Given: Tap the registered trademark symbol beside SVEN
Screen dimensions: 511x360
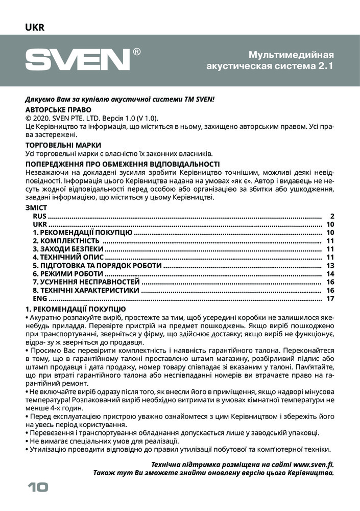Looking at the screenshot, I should click(137, 52).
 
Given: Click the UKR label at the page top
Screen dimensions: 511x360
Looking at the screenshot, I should click(35, 28).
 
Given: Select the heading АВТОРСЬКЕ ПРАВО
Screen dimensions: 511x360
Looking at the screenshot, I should click(58, 109).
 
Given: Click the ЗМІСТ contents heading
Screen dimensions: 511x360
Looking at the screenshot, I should click(36, 208).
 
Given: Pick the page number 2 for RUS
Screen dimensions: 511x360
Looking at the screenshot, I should click(332, 216).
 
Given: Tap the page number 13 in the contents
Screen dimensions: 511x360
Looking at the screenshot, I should click(329, 266).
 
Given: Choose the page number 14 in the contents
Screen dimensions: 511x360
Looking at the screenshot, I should click(329, 274).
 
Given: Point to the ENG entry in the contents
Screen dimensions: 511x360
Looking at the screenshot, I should click(40, 298).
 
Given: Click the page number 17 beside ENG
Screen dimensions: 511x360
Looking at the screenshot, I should click(329, 298).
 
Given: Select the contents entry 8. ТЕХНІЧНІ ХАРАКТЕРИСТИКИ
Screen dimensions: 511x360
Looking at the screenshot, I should click(86, 290).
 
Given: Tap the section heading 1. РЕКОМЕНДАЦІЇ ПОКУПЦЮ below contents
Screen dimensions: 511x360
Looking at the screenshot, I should click(76, 309).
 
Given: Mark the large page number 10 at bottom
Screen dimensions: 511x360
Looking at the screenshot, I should click(37, 487).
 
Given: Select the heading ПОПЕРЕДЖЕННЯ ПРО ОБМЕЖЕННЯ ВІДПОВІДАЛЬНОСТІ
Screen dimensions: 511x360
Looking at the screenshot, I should click(123, 164).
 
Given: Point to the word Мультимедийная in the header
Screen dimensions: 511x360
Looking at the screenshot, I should click(291, 55).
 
